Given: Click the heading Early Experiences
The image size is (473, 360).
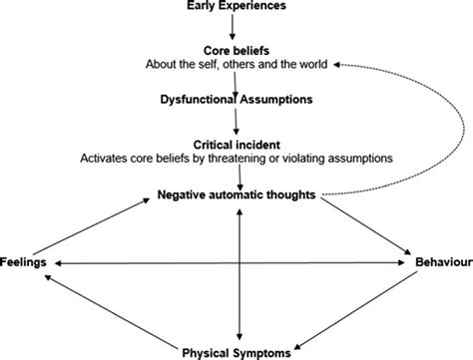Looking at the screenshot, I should pos(236,8).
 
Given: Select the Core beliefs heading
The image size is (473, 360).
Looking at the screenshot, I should pos(236,51).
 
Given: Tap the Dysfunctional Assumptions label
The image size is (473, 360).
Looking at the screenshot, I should pos(236,99).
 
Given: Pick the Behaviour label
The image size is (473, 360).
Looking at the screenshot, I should pos(442,263).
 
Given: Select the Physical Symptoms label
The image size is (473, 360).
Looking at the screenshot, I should pos(237,351).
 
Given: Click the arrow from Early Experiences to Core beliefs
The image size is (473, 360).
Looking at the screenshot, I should pos(236,29).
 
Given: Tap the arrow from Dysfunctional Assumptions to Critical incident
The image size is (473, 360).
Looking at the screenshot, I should pos(236,122).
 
